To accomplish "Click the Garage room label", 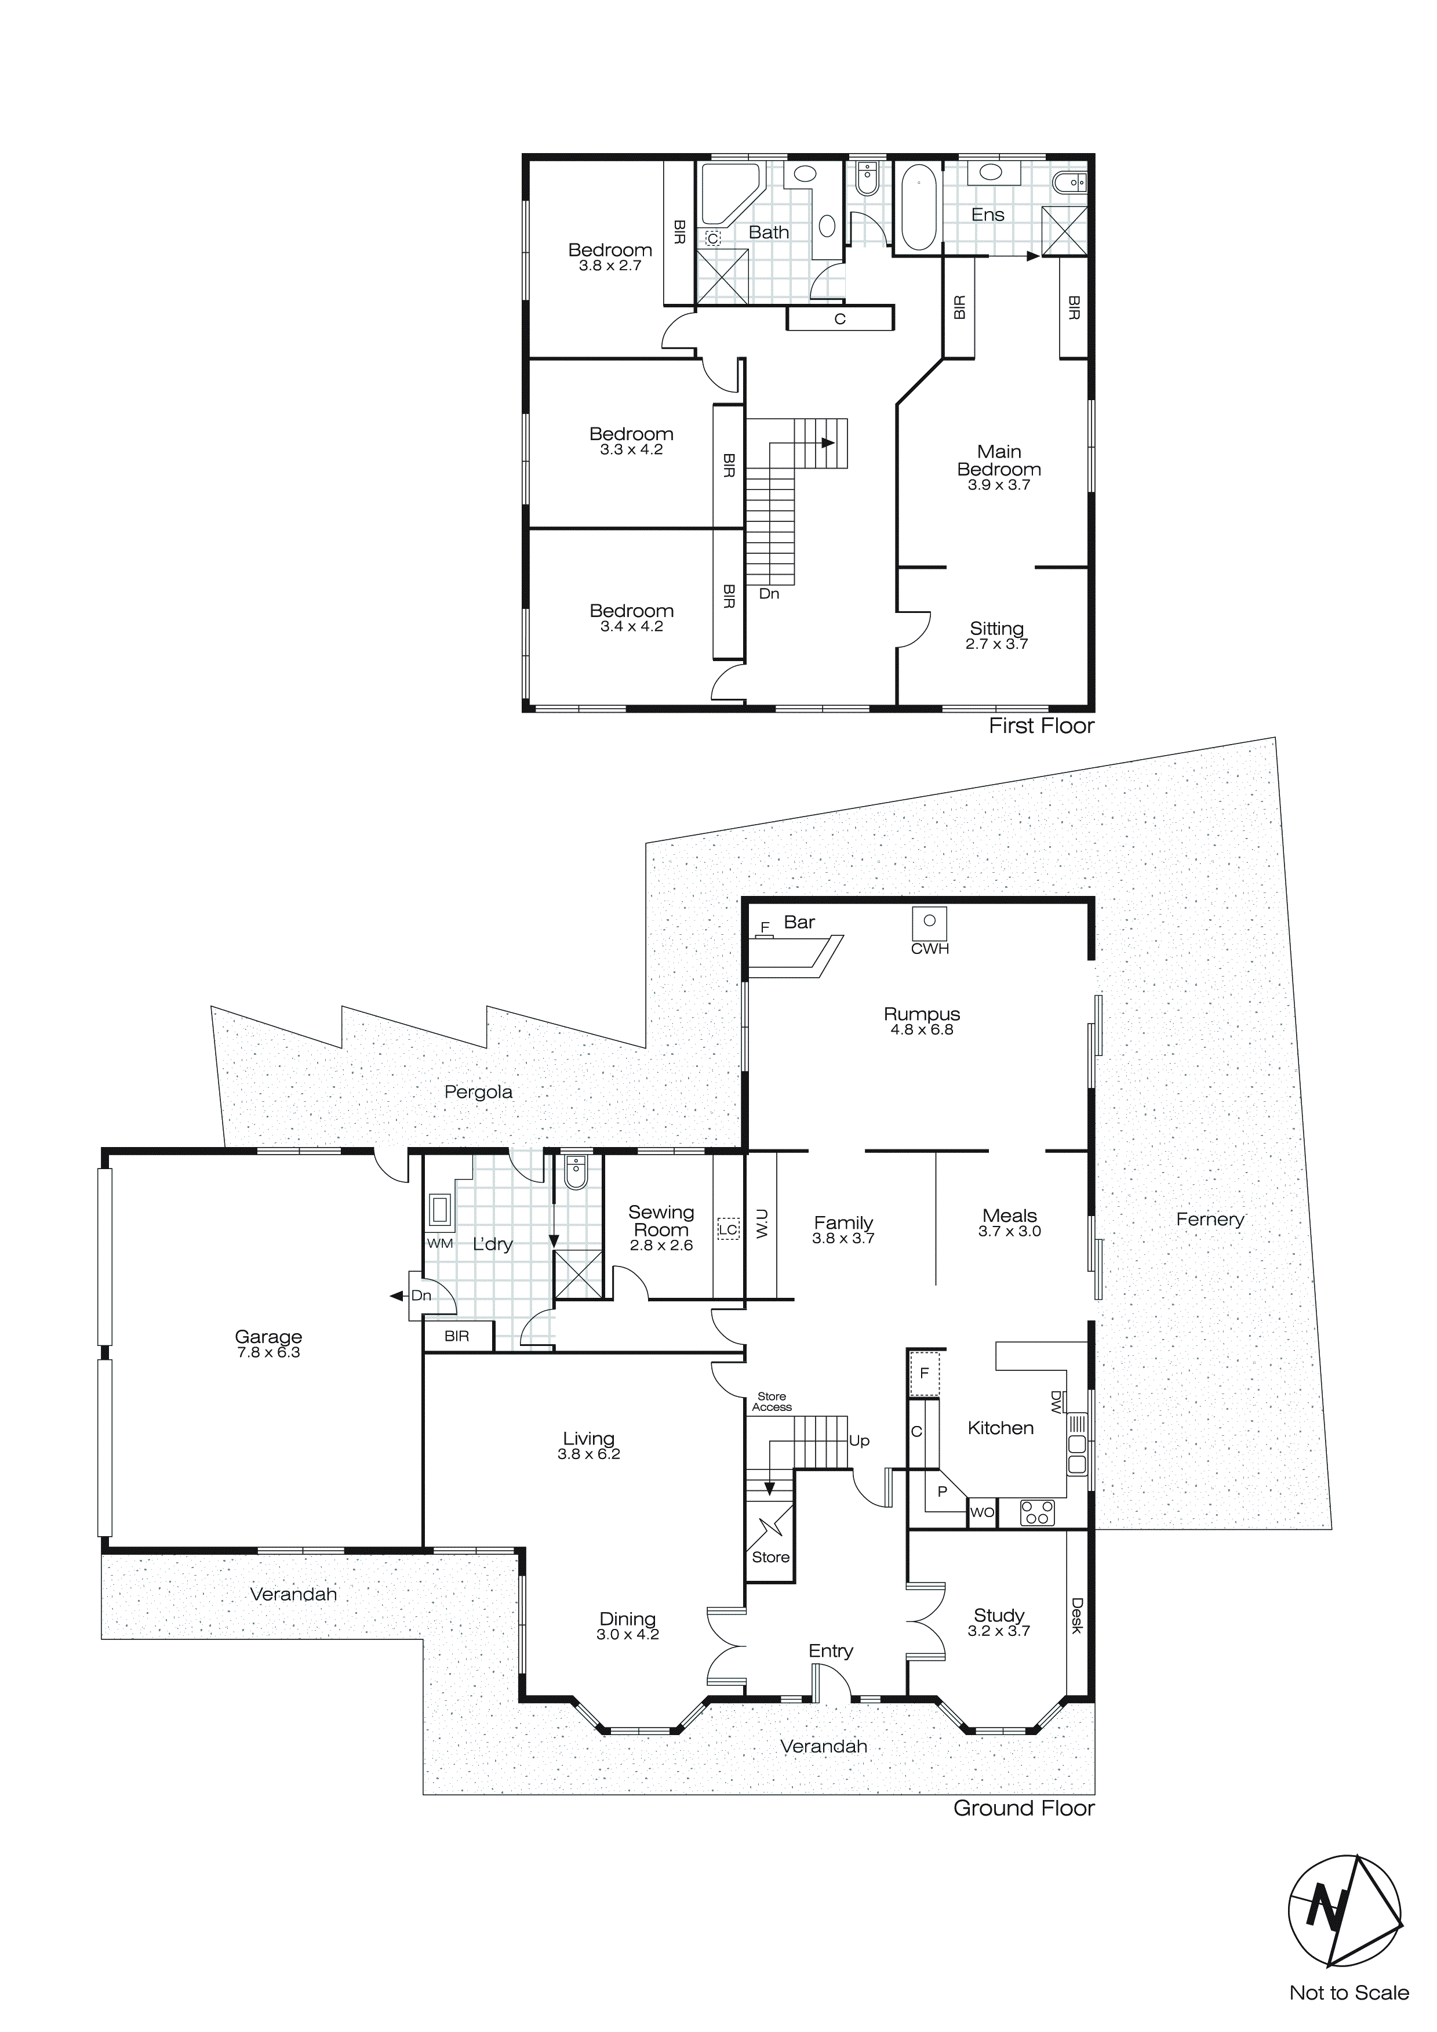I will point(268,1336).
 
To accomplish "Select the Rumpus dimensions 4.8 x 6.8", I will point(921,1029).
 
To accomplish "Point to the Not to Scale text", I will point(1348,2011).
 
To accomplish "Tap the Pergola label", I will point(478,1092).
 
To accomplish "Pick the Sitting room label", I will point(996,629).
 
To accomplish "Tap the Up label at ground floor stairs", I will point(859,1441).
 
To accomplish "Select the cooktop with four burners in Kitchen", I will point(1037,1512).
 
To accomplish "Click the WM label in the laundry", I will point(440,1243).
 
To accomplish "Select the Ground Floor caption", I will point(1024,1808).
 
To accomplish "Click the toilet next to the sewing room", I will point(575,1174).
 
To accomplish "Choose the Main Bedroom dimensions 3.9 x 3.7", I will point(998,485).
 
